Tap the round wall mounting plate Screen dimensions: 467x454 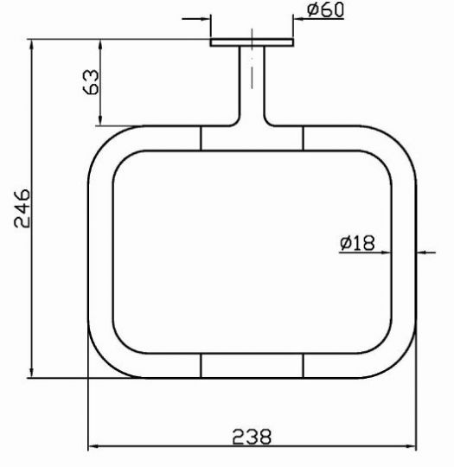click(x=252, y=42)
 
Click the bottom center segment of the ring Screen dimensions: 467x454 click(x=252, y=366)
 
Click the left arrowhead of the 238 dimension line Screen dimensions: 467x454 click(x=94, y=447)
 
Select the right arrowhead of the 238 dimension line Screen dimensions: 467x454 click(x=411, y=447)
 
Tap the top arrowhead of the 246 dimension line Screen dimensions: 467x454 click(x=32, y=43)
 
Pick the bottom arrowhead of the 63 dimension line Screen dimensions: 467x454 click(x=100, y=121)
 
